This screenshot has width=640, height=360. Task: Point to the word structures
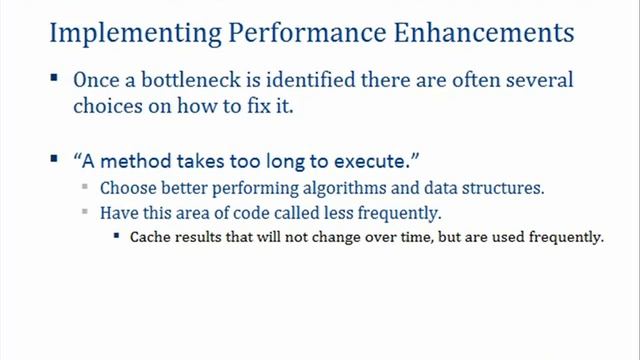504,188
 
